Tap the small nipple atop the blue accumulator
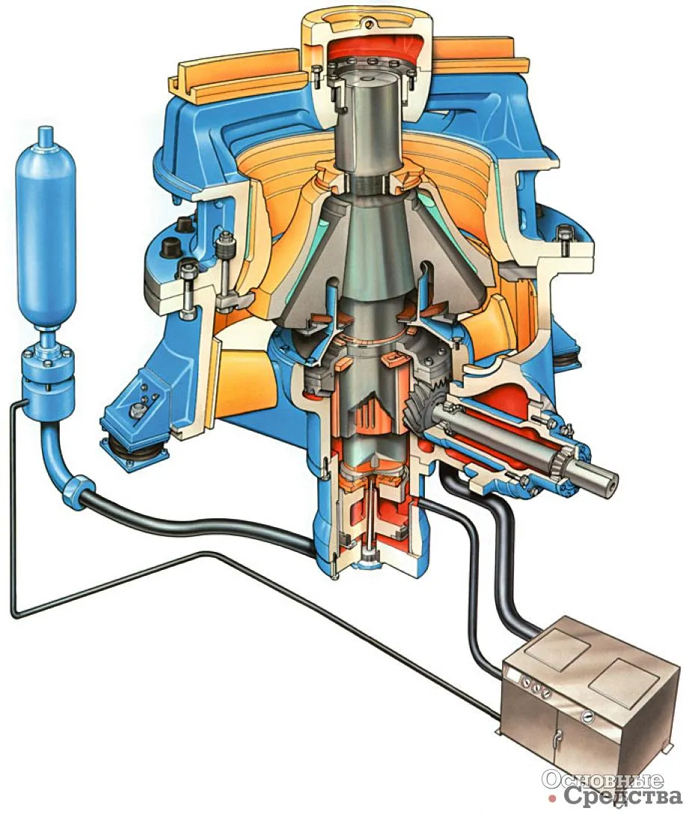tap(47, 133)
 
